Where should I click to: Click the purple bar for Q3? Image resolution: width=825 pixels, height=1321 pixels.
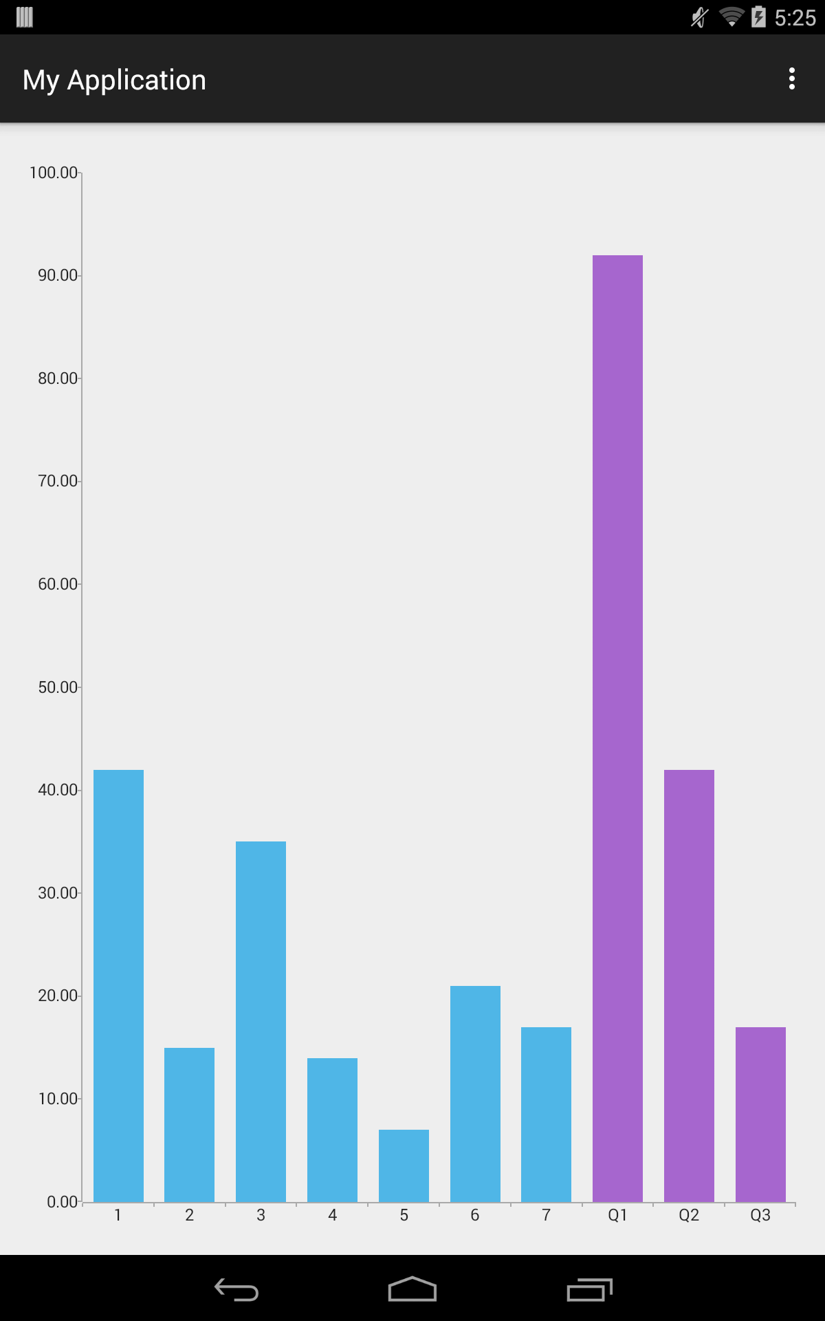pyautogui.click(x=760, y=1114)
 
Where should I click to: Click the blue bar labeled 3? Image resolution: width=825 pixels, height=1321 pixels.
pyautogui.click(x=261, y=1021)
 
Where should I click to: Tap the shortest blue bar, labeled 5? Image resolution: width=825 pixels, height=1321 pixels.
pyautogui.click(x=404, y=1166)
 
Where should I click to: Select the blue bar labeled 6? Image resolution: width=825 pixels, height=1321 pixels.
pyautogui.click(x=475, y=1093)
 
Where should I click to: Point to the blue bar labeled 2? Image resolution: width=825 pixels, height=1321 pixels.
pyautogui.click(x=189, y=1124)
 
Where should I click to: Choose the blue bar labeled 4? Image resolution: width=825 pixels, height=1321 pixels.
pyautogui.click(x=332, y=1130)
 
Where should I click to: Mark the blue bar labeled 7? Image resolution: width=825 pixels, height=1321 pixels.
pyautogui.click(x=546, y=1114)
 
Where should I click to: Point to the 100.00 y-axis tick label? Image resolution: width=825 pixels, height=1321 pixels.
pyautogui.click(x=54, y=173)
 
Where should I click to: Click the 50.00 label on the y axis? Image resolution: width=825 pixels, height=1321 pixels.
pyautogui.click(x=58, y=687)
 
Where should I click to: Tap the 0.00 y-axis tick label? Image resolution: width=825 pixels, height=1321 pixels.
pyautogui.click(x=63, y=1202)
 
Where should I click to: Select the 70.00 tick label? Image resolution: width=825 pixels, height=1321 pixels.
pyautogui.click(x=58, y=481)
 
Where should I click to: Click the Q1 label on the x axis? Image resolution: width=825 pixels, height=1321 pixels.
pyautogui.click(x=617, y=1215)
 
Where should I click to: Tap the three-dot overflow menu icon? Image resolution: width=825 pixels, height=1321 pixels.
pyautogui.click(x=792, y=79)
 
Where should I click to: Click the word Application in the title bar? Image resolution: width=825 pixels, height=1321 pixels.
pyautogui.click(x=136, y=80)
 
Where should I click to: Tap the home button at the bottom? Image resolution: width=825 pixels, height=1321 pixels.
pyautogui.click(x=412, y=1289)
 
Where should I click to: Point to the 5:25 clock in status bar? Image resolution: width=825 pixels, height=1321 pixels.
pyautogui.click(x=795, y=18)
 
